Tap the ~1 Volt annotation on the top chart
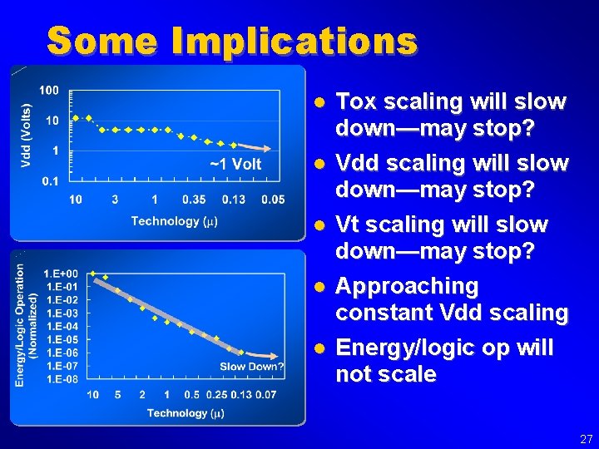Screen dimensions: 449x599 coord(235,164)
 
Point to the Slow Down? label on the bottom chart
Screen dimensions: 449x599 coord(251,367)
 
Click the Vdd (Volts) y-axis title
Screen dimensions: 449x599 coord(26,136)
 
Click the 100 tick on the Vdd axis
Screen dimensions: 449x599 coord(49,90)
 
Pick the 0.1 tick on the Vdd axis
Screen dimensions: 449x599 coord(50,180)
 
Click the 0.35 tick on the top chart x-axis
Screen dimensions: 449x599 coord(193,200)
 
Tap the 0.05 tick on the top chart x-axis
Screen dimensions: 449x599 coord(272,200)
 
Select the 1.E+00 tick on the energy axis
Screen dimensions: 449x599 coord(62,274)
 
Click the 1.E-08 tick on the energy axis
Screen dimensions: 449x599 coord(62,379)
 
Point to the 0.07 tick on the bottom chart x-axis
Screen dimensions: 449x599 coord(267,394)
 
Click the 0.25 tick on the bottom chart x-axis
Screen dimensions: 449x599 coord(216,394)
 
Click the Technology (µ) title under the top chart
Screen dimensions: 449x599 coord(174,221)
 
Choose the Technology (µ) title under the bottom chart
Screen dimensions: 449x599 coord(186,413)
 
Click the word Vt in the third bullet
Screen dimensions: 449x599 coord(346,225)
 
